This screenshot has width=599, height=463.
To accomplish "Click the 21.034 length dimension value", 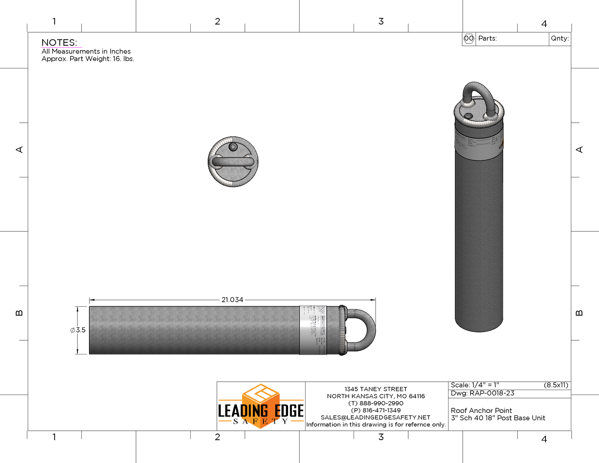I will pyautogui.click(x=232, y=300).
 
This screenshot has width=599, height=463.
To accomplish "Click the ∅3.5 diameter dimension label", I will pyautogui.click(x=78, y=330).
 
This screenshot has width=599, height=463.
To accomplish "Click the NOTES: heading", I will pyautogui.click(x=59, y=43).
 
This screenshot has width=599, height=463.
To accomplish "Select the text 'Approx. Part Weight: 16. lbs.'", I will pyautogui.click(x=87, y=59).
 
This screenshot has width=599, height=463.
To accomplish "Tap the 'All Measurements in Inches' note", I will pyautogui.click(x=86, y=51).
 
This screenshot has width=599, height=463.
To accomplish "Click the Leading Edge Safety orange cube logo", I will pyautogui.click(x=261, y=396).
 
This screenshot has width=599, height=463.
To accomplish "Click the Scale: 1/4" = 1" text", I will pyautogui.click(x=475, y=385).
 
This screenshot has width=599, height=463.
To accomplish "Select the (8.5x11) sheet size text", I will pyautogui.click(x=556, y=385).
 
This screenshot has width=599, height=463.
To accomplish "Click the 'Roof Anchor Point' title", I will pyautogui.click(x=481, y=410).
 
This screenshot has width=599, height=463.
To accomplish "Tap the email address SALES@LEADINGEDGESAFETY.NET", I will pyautogui.click(x=376, y=417).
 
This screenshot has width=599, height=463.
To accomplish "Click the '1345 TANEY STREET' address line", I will pyautogui.click(x=376, y=389).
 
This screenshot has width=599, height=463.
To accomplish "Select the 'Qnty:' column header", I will pyautogui.click(x=560, y=39).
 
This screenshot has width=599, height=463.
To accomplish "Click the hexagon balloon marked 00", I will pyautogui.click(x=469, y=39).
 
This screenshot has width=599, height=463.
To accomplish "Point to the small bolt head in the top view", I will pyautogui.click(x=233, y=147).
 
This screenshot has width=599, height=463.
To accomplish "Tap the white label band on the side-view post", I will pyautogui.click(x=313, y=330).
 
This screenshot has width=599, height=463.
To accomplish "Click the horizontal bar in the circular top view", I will pyautogui.click(x=233, y=162).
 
